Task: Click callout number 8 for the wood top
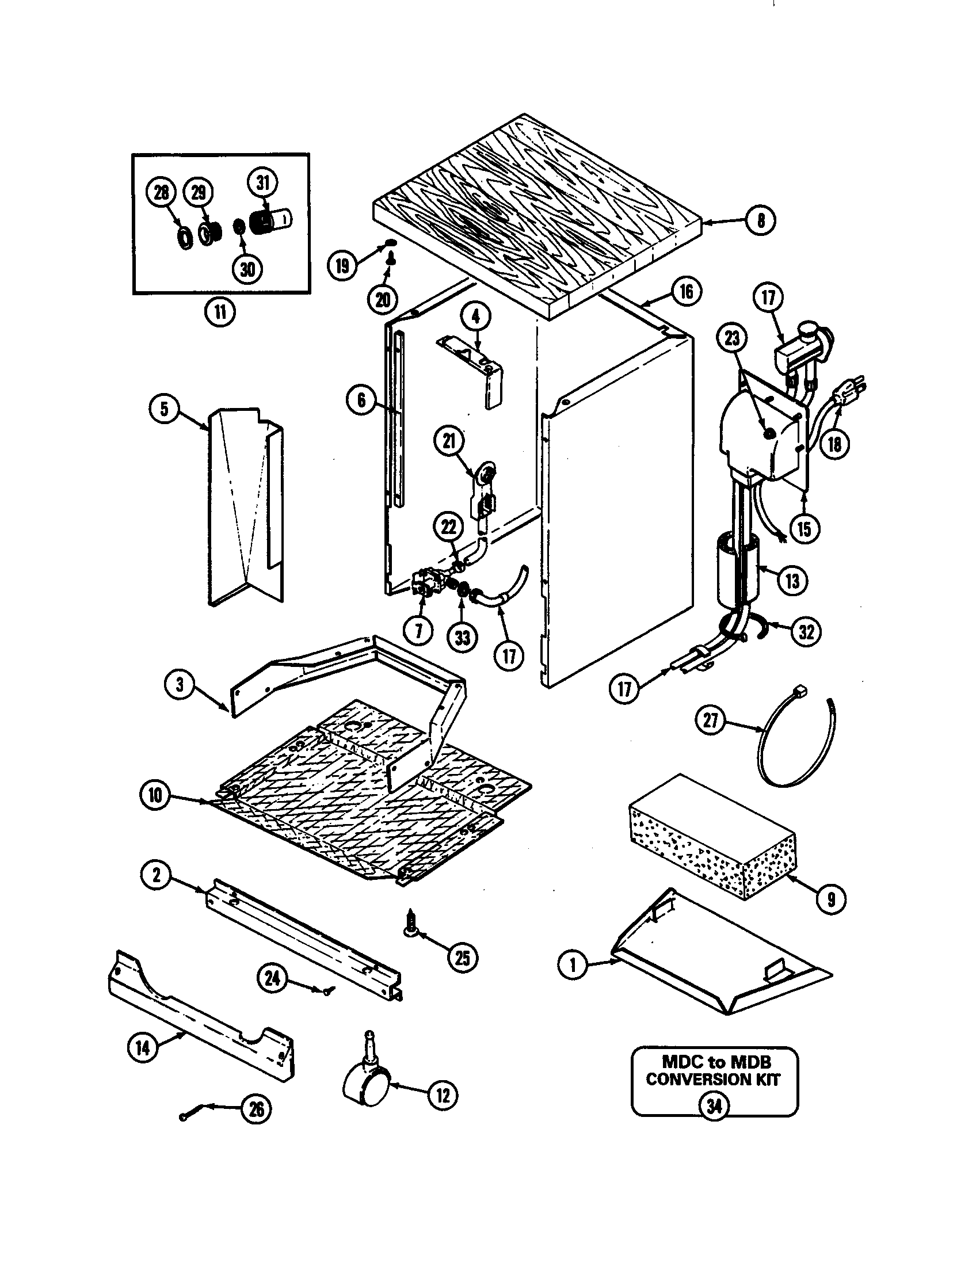point(760,220)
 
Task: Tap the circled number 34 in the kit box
point(714,1106)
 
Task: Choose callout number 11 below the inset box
point(220,312)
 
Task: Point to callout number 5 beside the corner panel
point(165,409)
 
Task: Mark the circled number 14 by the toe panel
point(143,1047)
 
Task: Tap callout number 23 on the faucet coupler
point(732,337)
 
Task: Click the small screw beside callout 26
point(184,1116)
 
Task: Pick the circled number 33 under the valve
point(462,638)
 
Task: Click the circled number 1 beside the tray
point(573,966)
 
